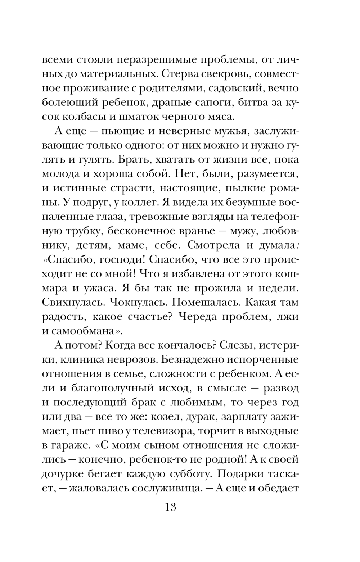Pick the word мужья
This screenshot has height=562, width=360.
pyautogui.click(x=227, y=132)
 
